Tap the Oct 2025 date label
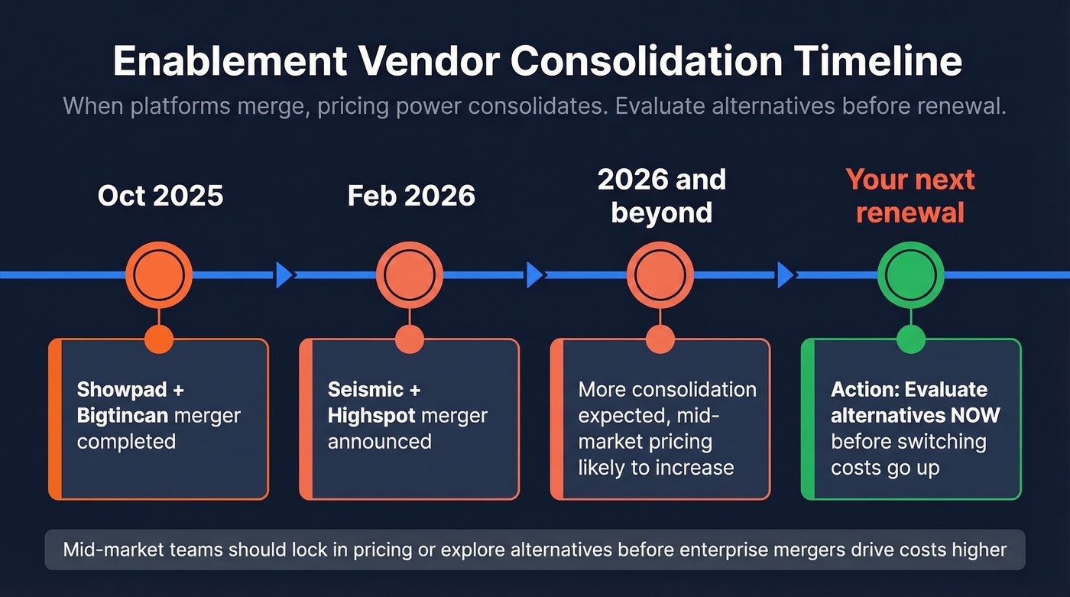(160, 196)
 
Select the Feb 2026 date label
(411, 196)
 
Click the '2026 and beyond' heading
(662, 196)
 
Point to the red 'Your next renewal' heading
(910, 196)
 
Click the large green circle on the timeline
(910, 274)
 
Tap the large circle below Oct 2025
(158, 274)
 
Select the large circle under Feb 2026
(410, 274)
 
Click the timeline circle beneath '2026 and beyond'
(660, 274)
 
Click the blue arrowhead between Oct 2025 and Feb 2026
(284, 274)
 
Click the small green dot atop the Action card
(910, 339)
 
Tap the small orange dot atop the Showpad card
(158, 339)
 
